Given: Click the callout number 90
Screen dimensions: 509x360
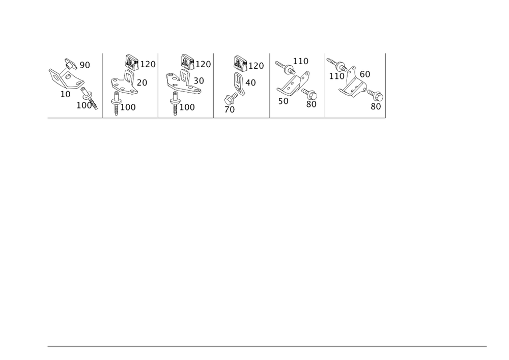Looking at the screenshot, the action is (84, 65).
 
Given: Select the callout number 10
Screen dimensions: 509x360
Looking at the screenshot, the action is (65, 94).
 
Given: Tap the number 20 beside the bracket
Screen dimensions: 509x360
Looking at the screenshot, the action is (142, 83).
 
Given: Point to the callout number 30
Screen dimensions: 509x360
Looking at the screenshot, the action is (199, 80).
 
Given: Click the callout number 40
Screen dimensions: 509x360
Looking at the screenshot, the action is (250, 83).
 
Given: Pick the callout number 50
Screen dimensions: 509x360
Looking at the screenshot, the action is (284, 101).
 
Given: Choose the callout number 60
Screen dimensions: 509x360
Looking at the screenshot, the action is (365, 74).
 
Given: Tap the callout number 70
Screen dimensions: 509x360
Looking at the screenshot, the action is (230, 109).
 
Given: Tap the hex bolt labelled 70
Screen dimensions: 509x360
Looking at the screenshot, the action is (231, 98).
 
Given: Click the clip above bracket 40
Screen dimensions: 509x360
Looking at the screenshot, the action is (241, 63).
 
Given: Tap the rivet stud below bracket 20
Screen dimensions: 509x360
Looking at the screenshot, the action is (116, 103).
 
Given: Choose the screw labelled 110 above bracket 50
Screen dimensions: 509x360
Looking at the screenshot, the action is (285, 67).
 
